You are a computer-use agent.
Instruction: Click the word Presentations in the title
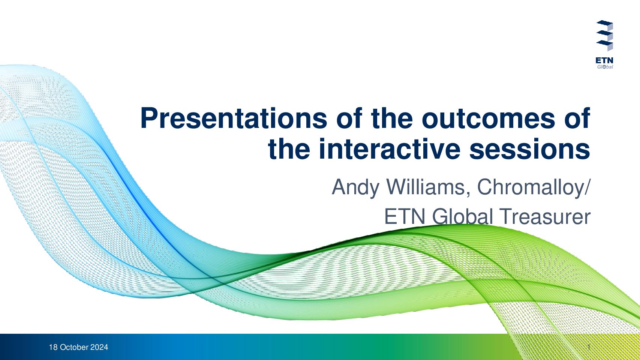point(234,118)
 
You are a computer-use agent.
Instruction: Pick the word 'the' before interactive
point(289,149)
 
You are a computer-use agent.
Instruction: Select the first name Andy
point(355,187)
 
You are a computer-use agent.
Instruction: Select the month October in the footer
point(74,347)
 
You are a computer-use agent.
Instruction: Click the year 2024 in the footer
point(99,347)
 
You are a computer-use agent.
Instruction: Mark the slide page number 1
point(589,347)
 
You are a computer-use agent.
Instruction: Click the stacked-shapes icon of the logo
point(605,36)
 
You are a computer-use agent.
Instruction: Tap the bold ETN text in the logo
point(604,61)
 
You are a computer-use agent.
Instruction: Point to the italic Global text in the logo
point(605,67)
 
